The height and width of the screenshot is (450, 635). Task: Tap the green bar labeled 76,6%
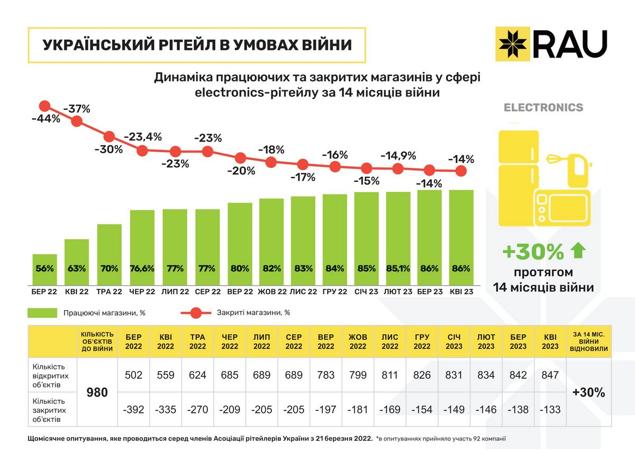142,248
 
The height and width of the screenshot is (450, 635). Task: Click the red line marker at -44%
44,106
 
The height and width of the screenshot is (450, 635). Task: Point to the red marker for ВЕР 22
240,158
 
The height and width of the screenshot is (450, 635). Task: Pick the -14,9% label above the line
398,156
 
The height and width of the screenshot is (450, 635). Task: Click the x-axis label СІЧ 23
367,292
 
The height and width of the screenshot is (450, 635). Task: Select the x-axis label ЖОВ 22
272,292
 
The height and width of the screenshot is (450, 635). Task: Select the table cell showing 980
97,392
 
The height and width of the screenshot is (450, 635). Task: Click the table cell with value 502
134,375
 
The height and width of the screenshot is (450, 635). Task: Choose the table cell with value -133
550,410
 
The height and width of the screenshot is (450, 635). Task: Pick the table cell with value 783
326,375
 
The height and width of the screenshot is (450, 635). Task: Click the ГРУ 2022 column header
422,341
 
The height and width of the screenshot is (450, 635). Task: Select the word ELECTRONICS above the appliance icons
543,108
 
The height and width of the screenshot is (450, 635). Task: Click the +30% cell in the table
588,392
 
